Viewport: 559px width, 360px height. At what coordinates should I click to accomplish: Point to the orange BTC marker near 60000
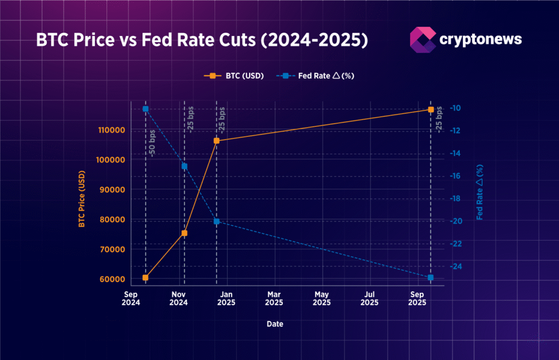[x=146, y=278]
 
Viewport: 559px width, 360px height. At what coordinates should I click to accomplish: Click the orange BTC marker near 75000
[x=185, y=233]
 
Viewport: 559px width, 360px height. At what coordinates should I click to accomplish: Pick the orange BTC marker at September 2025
[x=431, y=110]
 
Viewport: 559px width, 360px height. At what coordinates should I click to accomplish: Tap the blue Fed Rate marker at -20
[x=217, y=221]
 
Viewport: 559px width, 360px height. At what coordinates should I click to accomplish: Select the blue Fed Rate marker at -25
[x=431, y=278]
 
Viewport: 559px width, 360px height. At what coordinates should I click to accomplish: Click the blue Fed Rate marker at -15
[x=185, y=166]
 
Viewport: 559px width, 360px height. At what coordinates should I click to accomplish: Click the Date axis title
[x=275, y=324]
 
